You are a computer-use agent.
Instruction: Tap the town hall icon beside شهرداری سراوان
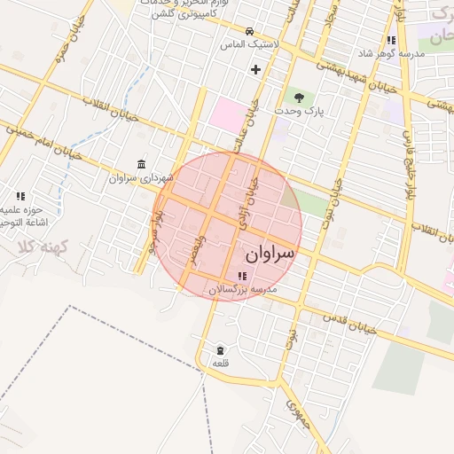[x=143, y=164]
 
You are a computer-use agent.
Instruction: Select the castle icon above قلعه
[x=220, y=349]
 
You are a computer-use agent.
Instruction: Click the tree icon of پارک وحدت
[x=297, y=97]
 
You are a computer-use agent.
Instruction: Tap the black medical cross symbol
[x=256, y=68]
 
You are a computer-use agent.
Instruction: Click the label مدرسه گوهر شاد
[x=391, y=54]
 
